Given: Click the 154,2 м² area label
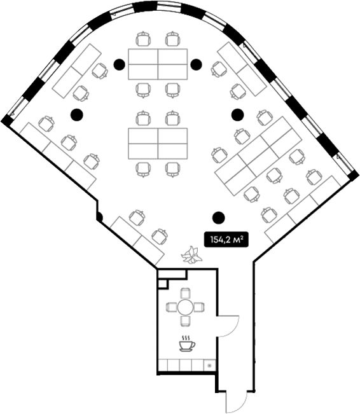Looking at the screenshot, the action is [x=226, y=240].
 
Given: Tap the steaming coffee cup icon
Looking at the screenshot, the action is [x=187, y=343].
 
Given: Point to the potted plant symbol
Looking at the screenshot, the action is [x=191, y=254].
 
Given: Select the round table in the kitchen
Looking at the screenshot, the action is [x=186, y=307].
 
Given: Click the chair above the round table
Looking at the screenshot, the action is [x=186, y=293].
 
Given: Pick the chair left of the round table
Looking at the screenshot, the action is [x=172, y=307].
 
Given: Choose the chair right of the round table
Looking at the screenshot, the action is [x=199, y=307].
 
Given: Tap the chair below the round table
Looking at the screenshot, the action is [x=186, y=321].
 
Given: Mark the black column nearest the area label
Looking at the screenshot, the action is [x=219, y=217].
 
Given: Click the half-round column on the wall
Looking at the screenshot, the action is [x=100, y=217].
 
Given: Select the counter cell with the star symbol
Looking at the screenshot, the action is [x=210, y=366].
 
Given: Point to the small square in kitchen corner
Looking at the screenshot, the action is [x=162, y=284].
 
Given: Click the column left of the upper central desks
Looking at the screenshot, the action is [x=120, y=64].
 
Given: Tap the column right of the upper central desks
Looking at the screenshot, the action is [x=197, y=64].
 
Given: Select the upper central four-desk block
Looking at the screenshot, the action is [x=158, y=64].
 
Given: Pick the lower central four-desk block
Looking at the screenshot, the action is [x=158, y=144].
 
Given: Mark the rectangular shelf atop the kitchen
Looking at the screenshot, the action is [x=172, y=274].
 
